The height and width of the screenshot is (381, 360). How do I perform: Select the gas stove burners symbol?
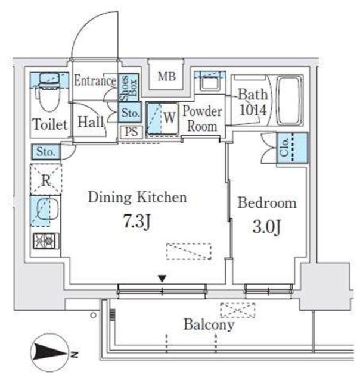tap(46, 241)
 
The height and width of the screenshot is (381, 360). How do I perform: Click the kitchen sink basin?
tap(47, 210)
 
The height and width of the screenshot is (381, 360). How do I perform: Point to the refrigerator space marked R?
tap(46, 180)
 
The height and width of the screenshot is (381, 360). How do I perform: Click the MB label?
tap(167, 76)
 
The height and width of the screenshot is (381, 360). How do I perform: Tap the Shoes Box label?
tap(128, 88)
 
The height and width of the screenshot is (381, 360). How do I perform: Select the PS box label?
tap(131, 132)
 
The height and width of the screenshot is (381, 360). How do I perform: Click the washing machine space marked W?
tap(169, 118)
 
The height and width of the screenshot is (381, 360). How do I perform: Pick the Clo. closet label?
tap(284, 147)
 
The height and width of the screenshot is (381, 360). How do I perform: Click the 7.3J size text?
tap(137, 221)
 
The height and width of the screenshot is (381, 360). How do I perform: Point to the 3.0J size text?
tap(267, 227)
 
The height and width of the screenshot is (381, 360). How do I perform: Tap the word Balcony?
tap(209, 324)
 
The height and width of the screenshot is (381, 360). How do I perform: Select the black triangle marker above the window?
tap(162, 279)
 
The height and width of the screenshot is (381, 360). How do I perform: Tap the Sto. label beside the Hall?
tap(131, 113)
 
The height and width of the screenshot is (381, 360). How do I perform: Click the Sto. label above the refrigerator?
tap(46, 152)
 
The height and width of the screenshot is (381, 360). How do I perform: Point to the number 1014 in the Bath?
tap(253, 110)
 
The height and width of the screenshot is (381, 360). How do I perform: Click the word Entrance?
tap(95, 80)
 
